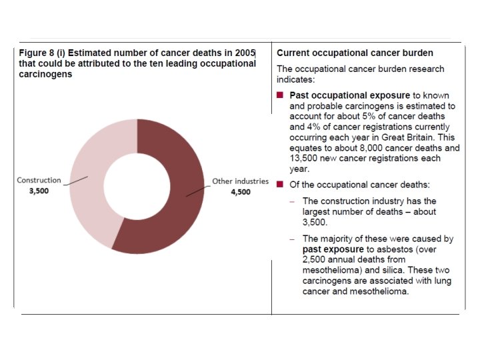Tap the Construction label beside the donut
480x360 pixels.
click(x=39, y=180)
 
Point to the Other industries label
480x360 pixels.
click(x=240, y=181)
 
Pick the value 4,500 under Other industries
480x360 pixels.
click(x=240, y=192)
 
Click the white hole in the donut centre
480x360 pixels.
click(x=137, y=185)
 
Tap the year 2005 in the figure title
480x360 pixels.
click(x=245, y=52)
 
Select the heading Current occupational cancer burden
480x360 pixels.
click(x=355, y=52)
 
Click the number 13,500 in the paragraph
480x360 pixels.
click(x=303, y=158)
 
